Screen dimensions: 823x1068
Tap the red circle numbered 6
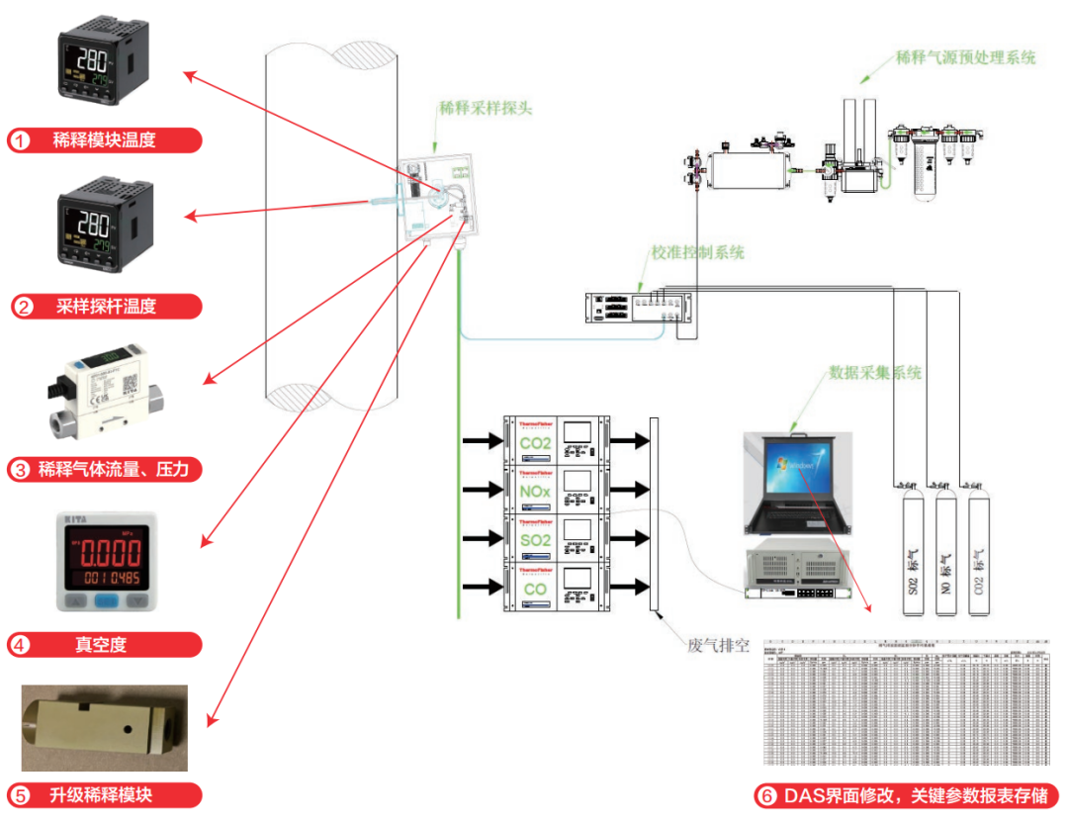(765, 795)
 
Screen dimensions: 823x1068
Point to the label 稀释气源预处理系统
(965, 57)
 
